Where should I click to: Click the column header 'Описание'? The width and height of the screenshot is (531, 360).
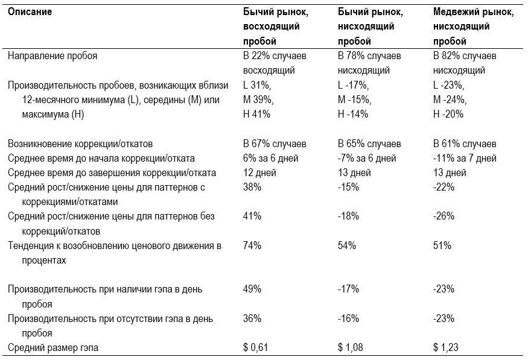[x=30, y=12]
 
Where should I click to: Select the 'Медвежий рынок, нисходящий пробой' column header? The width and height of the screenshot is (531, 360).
[x=474, y=27]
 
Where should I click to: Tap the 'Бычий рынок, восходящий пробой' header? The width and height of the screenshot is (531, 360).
[x=276, y=27]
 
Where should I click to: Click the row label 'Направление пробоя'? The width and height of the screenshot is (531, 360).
[x=52, y=56]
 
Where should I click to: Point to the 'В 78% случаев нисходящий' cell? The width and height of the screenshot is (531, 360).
[x=369, y=63]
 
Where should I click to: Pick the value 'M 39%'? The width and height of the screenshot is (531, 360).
[x=258, y=100]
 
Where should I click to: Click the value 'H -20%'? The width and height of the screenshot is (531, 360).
[x=448, y=115]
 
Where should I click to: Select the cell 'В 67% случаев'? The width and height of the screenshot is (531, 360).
[x=275, y=144]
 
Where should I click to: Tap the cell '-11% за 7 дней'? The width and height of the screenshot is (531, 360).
[x=465, y=159]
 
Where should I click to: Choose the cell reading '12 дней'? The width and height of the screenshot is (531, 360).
[x=259, y=173]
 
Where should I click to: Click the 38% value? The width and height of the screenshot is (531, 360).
[x=252, y=187]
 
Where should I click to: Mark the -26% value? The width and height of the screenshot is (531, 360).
[x=444, y=216]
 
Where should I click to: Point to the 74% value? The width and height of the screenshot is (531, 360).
[x=252, y=245]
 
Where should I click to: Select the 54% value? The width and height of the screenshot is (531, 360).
[x=347, y=245]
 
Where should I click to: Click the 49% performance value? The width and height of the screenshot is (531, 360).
[x=252, y=289]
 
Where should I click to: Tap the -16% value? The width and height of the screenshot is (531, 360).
[x=349, y=318]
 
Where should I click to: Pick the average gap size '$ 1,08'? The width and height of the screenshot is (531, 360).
[x=351, y=347]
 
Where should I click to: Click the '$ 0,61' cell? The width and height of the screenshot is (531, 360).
[x=255, y=347]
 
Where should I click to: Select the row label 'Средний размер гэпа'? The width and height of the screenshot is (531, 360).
[x=53, y=347]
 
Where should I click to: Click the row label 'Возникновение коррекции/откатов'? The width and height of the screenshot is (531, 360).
[x=80, y=144]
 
